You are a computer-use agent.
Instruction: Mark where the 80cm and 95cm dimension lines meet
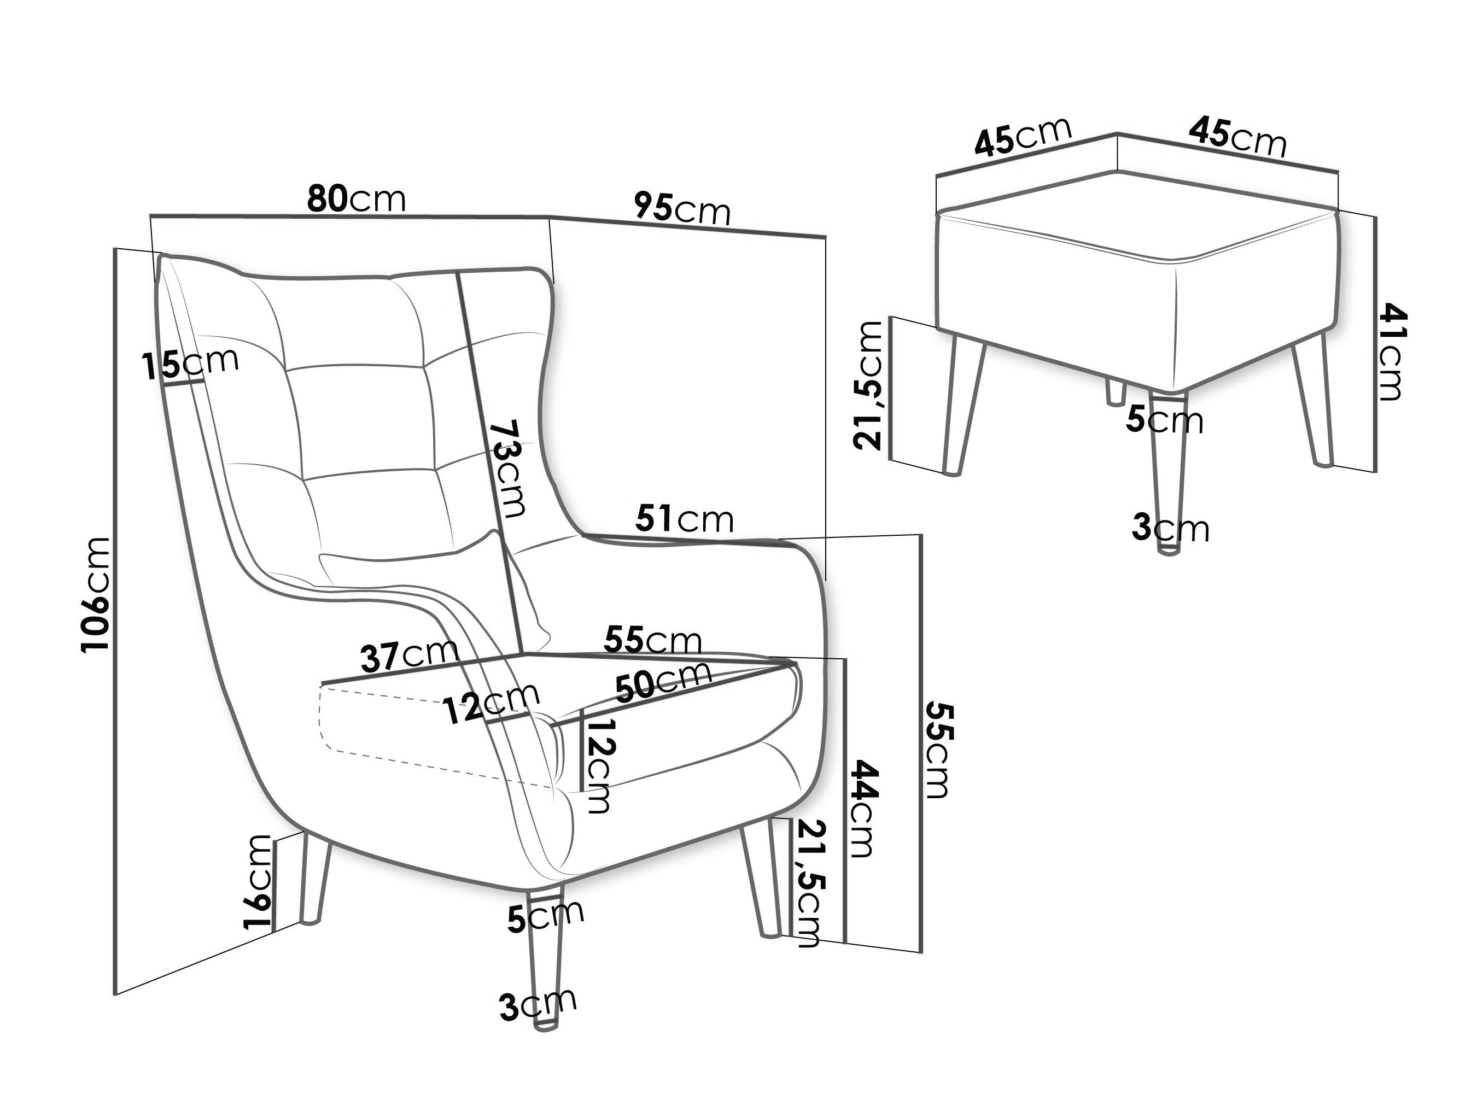[550, 217]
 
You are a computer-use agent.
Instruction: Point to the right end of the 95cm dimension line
[825, 237]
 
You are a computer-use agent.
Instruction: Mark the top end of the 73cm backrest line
[459, 273]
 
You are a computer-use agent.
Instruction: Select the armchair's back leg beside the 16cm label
[314, 878]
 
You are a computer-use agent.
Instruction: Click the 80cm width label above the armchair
[357, 198]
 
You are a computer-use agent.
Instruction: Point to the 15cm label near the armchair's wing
[190, 364]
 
